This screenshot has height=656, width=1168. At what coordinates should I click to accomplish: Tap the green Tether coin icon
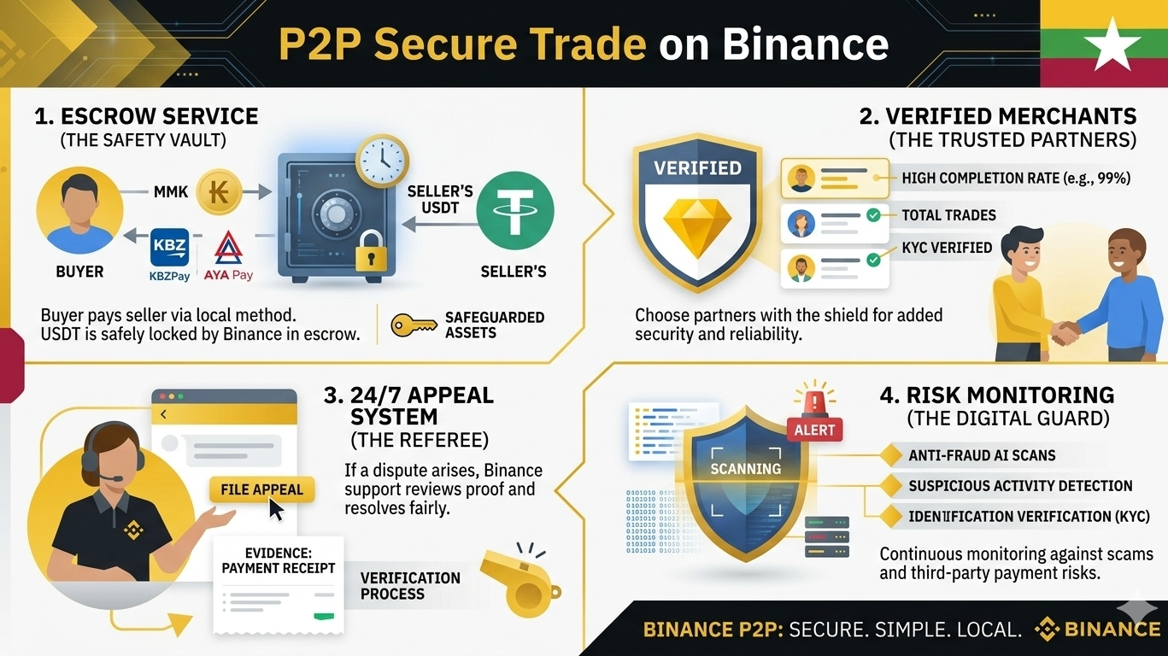514,209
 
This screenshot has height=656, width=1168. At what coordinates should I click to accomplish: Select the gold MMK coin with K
219,190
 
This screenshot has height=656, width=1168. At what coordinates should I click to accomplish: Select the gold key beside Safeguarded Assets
414,325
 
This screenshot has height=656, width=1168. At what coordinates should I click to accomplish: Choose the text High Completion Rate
1016,179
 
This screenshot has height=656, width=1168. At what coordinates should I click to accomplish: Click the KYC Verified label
947,248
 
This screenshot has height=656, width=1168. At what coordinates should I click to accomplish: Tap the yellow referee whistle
517,583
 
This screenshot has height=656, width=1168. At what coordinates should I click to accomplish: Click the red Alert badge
814,429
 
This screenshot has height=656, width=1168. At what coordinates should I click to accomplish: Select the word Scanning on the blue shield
745,469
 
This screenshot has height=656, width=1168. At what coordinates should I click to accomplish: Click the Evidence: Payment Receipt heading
278,560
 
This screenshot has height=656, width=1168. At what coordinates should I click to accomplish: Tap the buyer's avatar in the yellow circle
79,214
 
